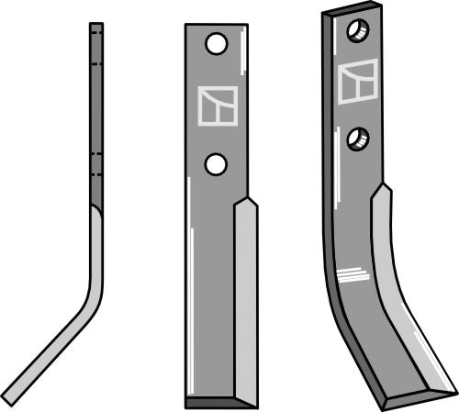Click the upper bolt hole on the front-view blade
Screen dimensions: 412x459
click(x=216, y=44)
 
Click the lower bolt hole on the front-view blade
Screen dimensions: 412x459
click(x=215, y=163)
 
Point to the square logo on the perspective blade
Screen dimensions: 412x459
click(x=357, y=83)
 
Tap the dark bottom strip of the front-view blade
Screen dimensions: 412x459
click(x=220, y=403)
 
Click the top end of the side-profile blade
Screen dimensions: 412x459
click(x=95, y=27)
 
